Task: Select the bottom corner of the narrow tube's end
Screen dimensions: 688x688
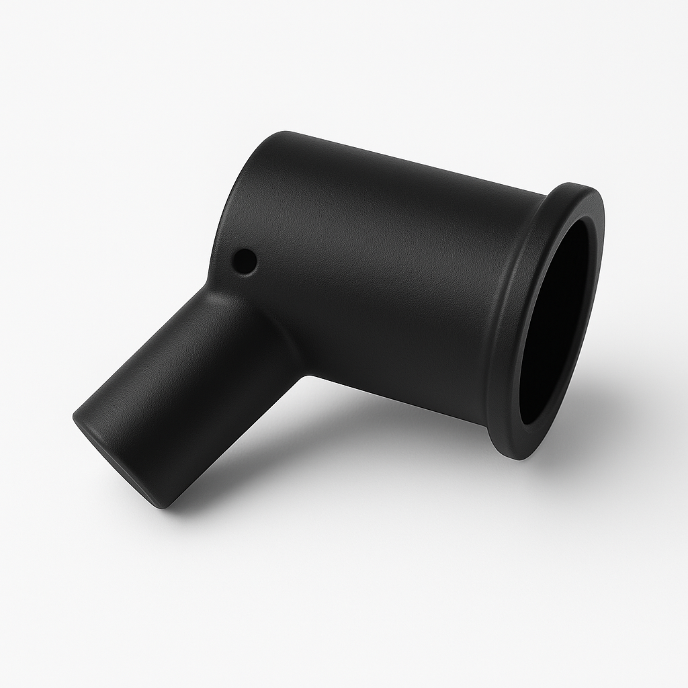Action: pos(171,503)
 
